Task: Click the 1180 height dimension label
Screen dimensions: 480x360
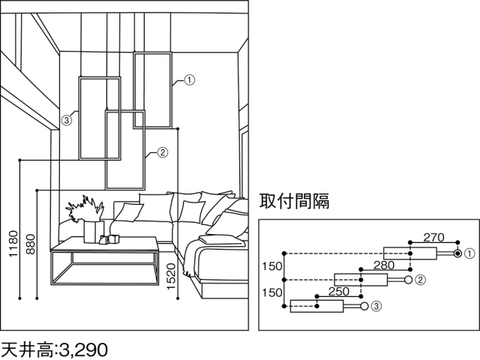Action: [13, 244]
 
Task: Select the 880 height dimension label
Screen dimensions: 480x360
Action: [31, 244]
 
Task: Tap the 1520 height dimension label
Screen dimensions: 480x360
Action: [171, 277]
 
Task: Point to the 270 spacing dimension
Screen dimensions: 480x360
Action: [433, 237]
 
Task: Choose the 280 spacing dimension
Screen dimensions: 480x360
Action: [384, 265]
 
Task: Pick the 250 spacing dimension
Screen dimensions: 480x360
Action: [339, 292]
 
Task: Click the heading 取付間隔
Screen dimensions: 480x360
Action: [294, 201]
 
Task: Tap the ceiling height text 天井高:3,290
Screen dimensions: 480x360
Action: [55, 349]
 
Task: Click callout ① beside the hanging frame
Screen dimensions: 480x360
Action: [190, 80]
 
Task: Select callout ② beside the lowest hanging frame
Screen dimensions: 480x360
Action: [163, 152]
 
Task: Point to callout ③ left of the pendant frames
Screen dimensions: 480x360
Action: [67, 120]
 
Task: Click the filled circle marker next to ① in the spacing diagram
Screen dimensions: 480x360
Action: [457, 253]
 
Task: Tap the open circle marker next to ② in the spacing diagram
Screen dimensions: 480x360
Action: [408, 280]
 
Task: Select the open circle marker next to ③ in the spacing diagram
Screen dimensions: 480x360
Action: [364, 306]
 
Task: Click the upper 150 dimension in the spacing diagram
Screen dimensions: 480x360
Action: [272, 266]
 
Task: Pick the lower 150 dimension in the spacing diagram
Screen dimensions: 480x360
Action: [272, 292]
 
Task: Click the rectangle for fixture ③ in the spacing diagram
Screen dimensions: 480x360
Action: [316, 306]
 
